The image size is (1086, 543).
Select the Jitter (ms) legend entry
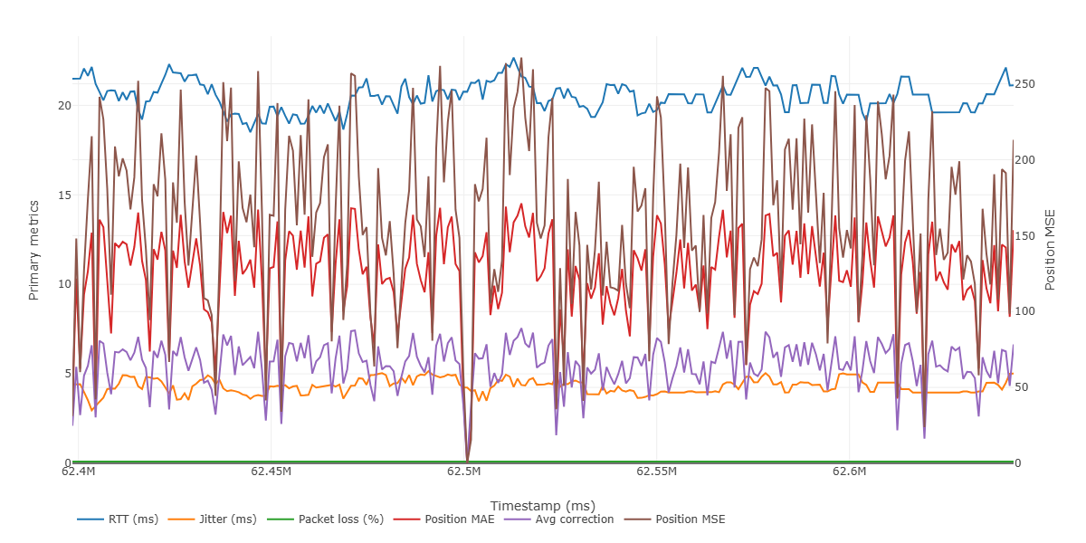(226, 519)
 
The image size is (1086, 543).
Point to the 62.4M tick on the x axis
(79, 472)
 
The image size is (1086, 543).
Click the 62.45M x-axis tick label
(271, 472)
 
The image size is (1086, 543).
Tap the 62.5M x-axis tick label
(464, 472)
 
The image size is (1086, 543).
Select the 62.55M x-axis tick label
(657, 472)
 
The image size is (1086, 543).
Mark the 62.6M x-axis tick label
(850, 472)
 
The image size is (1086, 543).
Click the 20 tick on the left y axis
(63, 105)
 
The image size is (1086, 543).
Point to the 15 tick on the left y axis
(63, 195)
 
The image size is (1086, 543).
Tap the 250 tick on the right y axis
(1025, 84)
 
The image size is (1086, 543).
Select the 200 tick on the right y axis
(1025, 160)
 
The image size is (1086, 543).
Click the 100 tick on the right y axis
(1025, 311)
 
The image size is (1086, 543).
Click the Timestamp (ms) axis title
(542, 505)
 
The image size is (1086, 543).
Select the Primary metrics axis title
(34, 249)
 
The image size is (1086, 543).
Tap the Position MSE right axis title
(1051, 249)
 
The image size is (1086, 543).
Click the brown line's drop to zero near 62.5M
(467, 460)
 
